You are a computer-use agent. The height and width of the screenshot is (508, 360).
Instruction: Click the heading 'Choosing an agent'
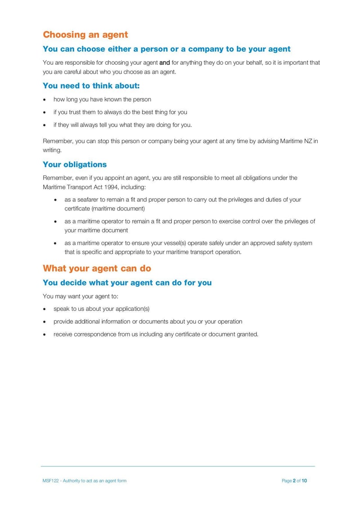[x=85, y=35]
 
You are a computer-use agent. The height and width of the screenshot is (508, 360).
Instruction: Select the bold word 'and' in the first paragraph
[x=164, y=63]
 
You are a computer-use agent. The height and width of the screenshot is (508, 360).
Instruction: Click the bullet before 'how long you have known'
[x=45, y=100]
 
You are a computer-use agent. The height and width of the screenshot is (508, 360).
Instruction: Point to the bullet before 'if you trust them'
[x=45, y=112]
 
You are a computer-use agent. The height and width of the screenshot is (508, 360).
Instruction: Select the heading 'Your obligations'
[x=75, y=164]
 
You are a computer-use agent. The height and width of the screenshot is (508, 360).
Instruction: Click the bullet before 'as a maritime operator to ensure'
[x=55, y=243]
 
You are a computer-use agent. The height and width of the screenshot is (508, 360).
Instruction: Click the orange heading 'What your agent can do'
[x=97, y=268]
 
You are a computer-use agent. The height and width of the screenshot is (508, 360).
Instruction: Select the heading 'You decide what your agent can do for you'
[x=127, y=283]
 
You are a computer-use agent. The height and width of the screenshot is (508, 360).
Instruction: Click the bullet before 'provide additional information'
[x=45, y=322]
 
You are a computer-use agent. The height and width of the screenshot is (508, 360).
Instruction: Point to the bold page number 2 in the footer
[x=294, y=481]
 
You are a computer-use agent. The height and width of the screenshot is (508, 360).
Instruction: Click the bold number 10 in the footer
[x=304, y=481]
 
